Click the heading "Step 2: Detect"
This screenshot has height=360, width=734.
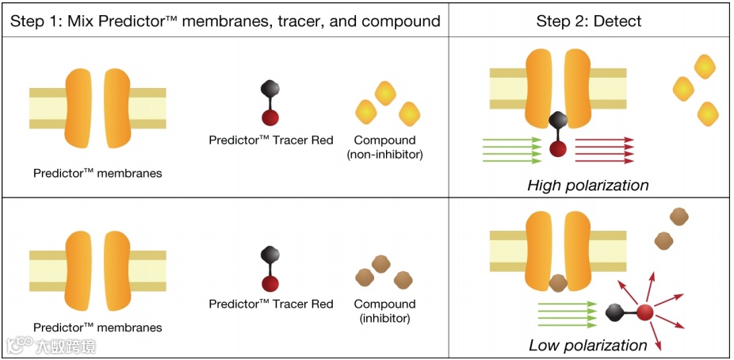(591, 21)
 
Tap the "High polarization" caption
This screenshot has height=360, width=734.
(588, 186)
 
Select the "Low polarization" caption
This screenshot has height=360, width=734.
(588, 345)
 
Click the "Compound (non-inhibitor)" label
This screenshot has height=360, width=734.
(384, 147)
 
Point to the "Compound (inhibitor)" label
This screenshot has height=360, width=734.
(384, 311)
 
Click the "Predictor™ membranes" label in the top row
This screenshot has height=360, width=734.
(97, 172)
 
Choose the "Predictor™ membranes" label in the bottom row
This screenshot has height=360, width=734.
(97, 327)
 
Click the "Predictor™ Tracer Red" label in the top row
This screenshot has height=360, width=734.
(271, 140)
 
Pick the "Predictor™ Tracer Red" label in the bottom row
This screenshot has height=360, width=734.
(271, 304)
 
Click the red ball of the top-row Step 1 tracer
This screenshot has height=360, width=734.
(270, 118)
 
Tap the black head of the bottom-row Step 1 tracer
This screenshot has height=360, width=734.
(270, 255)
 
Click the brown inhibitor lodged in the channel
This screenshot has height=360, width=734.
(558, 281)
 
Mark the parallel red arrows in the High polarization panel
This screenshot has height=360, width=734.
(604, 150)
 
